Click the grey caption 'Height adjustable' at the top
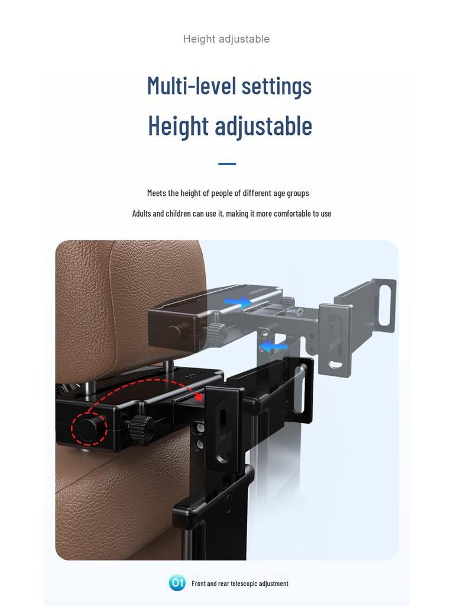pos(226,39)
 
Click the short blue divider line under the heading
pos(227,164)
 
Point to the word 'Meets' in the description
pos(157,193)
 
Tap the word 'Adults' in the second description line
pos(141,214)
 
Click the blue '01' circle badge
pos(177,583)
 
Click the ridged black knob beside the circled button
pos(141,427)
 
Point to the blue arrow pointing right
pos(238,302)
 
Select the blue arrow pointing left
pos(273,346)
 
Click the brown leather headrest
pos(130,296)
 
